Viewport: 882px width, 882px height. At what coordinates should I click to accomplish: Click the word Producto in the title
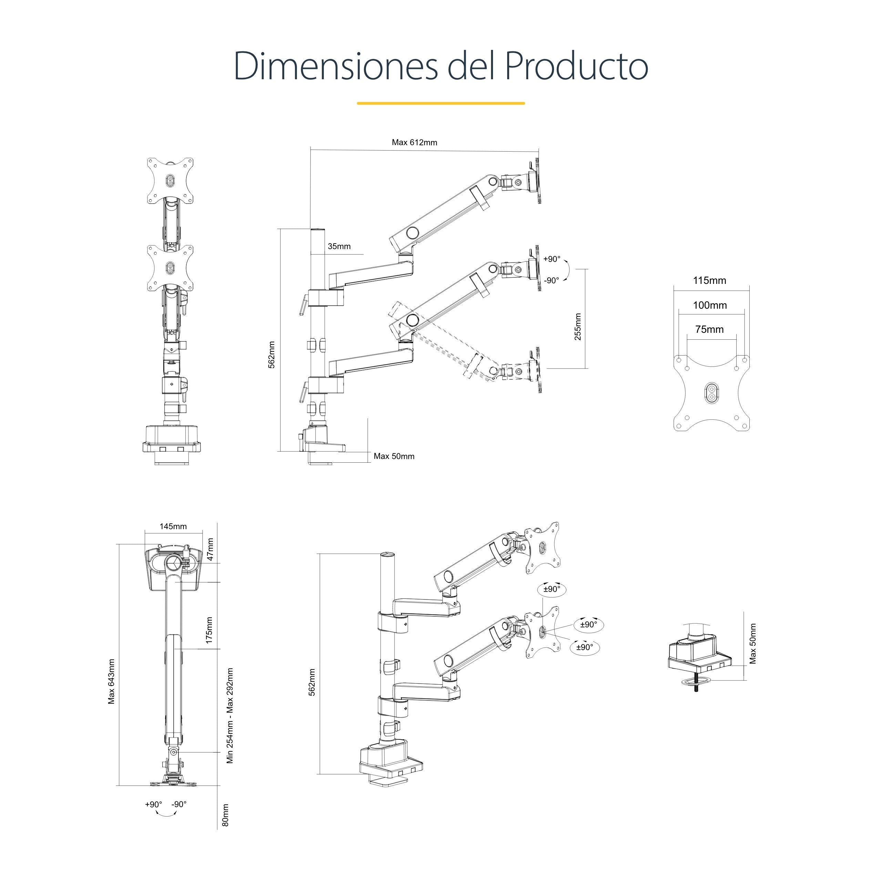click(576, 66)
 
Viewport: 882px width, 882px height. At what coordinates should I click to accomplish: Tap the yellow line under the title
click(441, 103)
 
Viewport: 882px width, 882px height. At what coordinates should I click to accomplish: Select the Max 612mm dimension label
click(414, 142)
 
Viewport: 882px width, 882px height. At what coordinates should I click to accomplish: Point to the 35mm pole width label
click(339, 247)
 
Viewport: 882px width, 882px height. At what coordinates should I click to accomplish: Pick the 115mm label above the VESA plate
click(709, 280)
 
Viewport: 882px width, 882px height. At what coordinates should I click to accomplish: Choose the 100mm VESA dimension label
click(710, 305)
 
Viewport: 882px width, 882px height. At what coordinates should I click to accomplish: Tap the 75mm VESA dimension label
click(709, 329)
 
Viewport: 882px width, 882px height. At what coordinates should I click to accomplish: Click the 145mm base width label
click(173, 526)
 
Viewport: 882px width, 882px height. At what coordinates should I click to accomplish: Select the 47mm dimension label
click(211, 549)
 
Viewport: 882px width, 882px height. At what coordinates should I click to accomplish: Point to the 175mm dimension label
click(209, 630)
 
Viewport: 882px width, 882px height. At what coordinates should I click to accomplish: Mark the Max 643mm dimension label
click(111, 681)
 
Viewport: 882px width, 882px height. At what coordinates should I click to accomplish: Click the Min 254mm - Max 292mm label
click(230, 715)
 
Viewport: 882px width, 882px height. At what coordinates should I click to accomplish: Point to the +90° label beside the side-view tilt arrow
click(552, 259)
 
